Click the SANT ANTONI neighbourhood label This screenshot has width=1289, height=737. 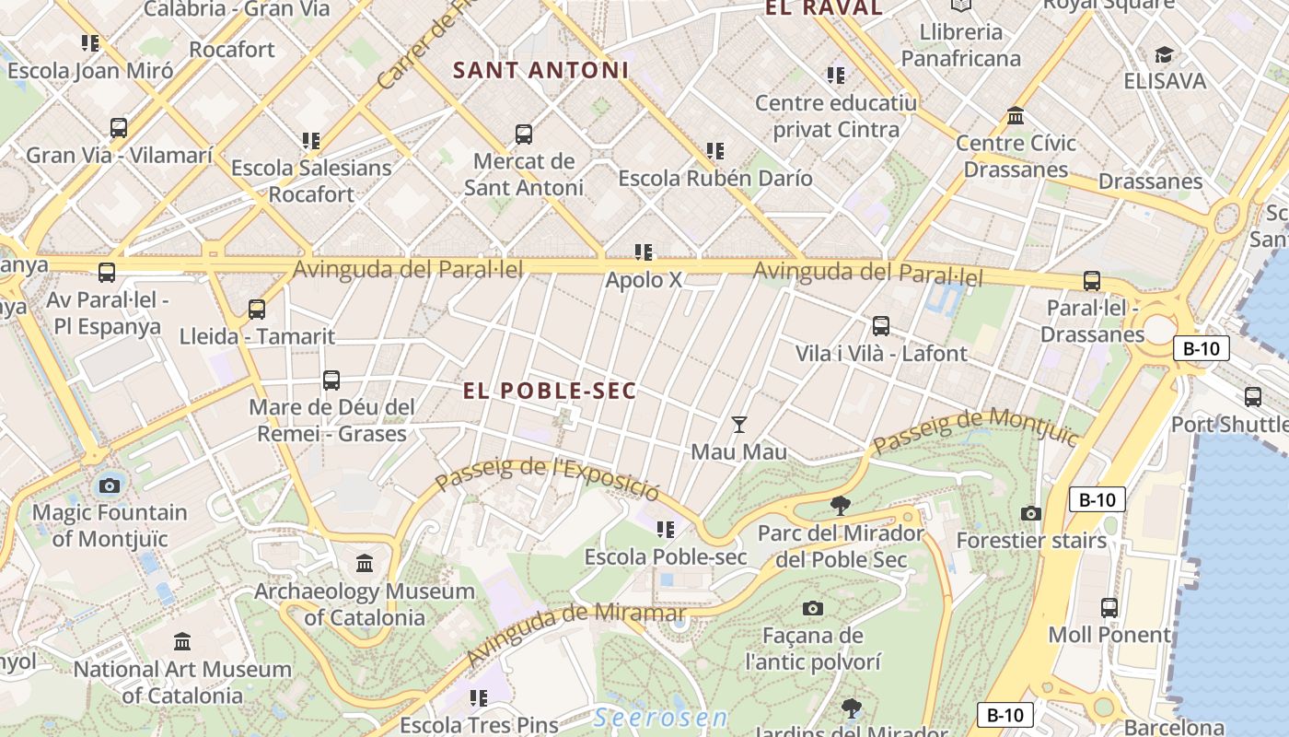(x=540, y=70)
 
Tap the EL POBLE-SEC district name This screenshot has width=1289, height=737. (x=550, y=391)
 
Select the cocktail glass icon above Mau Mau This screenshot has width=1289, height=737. (x=738, y=425)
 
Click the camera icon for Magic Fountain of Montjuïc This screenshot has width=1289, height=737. (x=110, y=485)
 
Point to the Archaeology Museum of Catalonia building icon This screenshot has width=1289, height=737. (x=365, y=563)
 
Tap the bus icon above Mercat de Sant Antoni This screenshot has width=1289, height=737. (x=524, y=135)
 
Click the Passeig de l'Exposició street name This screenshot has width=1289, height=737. (x=547, y=478)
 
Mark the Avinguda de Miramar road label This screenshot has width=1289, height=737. (x=575, y=634)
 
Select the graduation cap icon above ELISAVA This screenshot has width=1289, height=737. (x=1164, y=54)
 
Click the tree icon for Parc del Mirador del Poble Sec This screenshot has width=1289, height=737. (x=839, y=505)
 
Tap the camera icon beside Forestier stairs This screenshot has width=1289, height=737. (x=1031, y=513)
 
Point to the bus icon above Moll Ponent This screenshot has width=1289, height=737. (x=1109, y=608)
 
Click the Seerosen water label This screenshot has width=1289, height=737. (x=660, y=718)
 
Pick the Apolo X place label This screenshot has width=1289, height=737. (x=644, y=279)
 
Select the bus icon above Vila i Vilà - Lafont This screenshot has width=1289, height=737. (x=881, y=326)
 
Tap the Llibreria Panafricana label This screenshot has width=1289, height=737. (x=960, y=45)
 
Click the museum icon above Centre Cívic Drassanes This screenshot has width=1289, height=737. (x=1016, y=116)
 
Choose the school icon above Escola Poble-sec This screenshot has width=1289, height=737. (x=666, y=530)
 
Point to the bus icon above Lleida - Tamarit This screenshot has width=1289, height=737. (x=257, y=310)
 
